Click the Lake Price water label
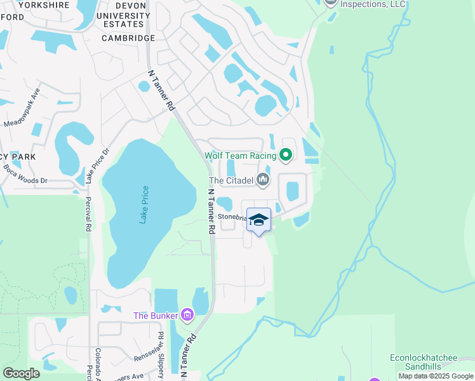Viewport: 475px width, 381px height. [x=145, y=204]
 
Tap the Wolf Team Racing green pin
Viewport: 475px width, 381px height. [x=286, y=154]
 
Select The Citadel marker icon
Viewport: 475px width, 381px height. [x=263, y=181]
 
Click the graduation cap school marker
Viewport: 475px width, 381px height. [x=259, y=220]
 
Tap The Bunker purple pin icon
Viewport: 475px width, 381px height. [x=187, y=314]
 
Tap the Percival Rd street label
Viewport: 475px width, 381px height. [x=88, y=213]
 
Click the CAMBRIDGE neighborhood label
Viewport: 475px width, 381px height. [x=128, y=38]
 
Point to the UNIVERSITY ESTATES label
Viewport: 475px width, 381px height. [x=123, y=19]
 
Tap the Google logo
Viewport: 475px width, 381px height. [x=21, y=373]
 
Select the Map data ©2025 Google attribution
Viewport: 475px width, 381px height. [x=436, y=376]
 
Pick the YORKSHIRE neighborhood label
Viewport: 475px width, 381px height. [x=44, y=4]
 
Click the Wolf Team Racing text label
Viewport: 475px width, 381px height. [x=240, y=156]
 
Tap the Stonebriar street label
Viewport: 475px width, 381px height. [x=232, y=217]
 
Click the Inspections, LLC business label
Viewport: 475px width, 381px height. [x=373, y=4]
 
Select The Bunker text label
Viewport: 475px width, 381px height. [x=156, y=316]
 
